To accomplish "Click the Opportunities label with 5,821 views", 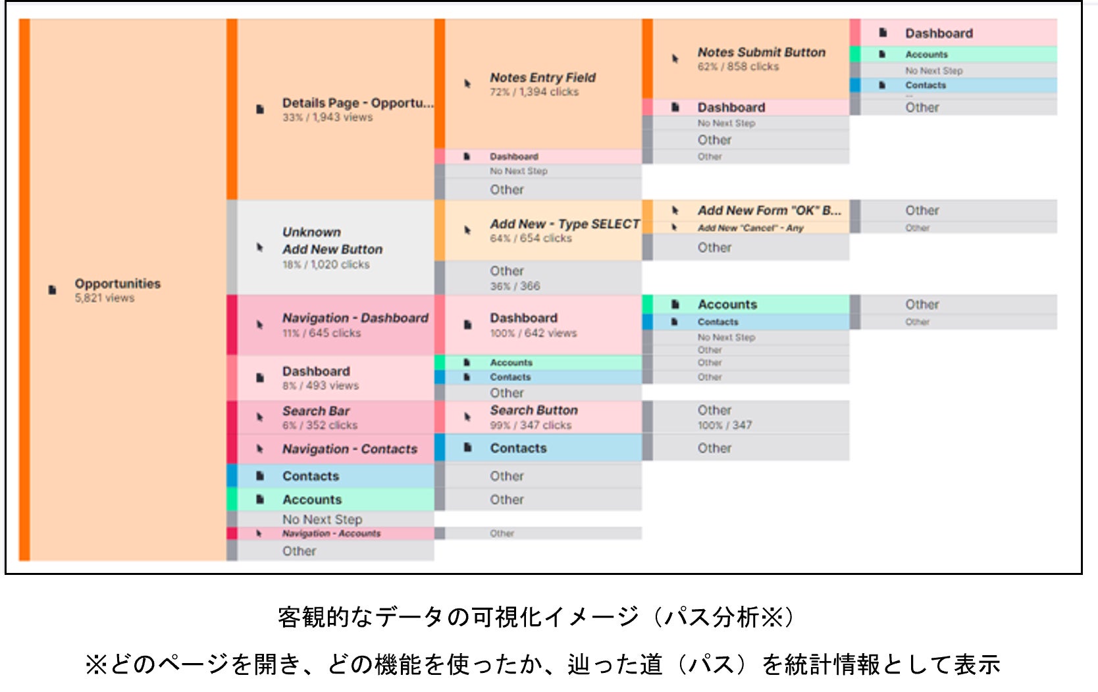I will click(x=117, y=284).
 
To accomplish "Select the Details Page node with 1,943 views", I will click(x=357, y=104).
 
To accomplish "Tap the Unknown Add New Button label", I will click(x=332, y=241).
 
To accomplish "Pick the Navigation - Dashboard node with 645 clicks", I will click(x=355, y=318).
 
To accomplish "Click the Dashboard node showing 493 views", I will click(x=316, y=372).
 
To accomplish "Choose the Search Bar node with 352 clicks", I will click(x=316, y=411).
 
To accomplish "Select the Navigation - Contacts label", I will click(x=350, y=449).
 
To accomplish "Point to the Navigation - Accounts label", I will click(x=331, y=533).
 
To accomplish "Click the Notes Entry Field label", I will click(x=542, y=78).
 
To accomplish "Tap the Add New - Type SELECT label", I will click(x=564, y=224).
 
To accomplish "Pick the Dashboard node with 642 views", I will click(x=523, y=318).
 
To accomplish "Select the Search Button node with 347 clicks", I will click(x=534, y=410).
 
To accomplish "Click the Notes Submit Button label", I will click(x=761, y=53).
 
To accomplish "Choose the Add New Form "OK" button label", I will click(x=769, y=210).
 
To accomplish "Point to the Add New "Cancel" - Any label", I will click(x=750, y=228).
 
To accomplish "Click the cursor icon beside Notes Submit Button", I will click(x=675, y=59).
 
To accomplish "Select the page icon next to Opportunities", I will click(x=52, y=290).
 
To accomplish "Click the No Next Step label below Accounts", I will click(x=322, y=520).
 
